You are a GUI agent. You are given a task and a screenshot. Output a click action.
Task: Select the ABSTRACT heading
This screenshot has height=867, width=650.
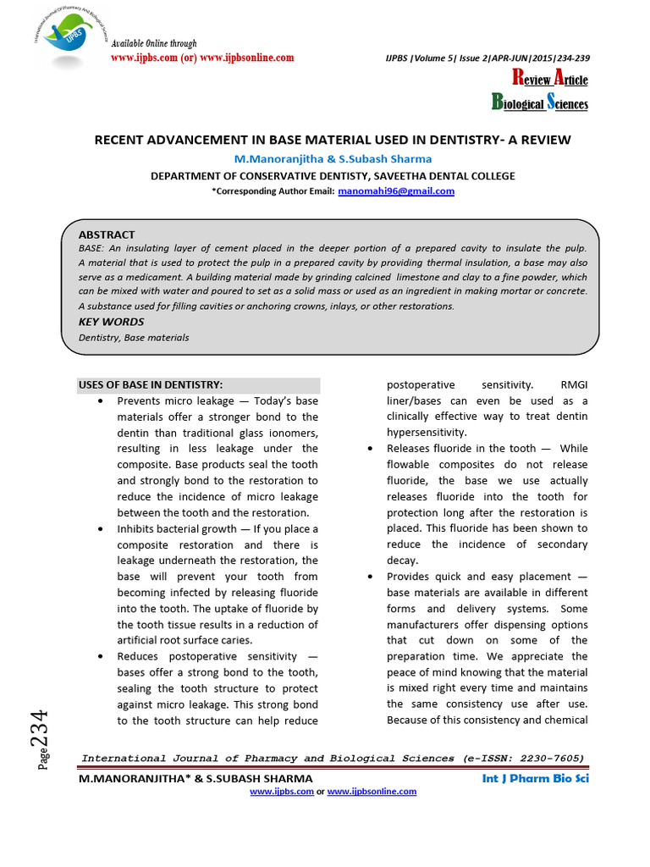(x=107, y=235)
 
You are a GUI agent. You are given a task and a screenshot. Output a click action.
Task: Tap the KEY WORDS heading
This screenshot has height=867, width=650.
(x=111, y=322)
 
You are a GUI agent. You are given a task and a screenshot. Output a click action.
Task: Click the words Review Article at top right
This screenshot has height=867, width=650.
(x=550, y=80)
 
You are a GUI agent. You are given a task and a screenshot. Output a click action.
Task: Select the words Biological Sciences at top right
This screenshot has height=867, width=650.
(x=540, y=103)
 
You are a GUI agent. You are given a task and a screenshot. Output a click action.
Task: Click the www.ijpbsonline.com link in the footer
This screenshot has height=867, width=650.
(x=372, y=791)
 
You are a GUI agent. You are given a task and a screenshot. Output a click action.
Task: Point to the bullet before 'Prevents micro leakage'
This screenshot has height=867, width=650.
(x=102, y=400)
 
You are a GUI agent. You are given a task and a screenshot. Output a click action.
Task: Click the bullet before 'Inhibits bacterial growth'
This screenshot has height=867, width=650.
(x=102, y=529)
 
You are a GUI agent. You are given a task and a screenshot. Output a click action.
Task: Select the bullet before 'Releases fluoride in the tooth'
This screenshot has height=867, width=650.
(x=371, y=449)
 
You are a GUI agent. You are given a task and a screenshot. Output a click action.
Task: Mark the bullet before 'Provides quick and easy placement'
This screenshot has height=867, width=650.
(x=371, y=577)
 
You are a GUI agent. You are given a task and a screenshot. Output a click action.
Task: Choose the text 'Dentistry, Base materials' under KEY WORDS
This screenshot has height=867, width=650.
(x=134, y=338)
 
